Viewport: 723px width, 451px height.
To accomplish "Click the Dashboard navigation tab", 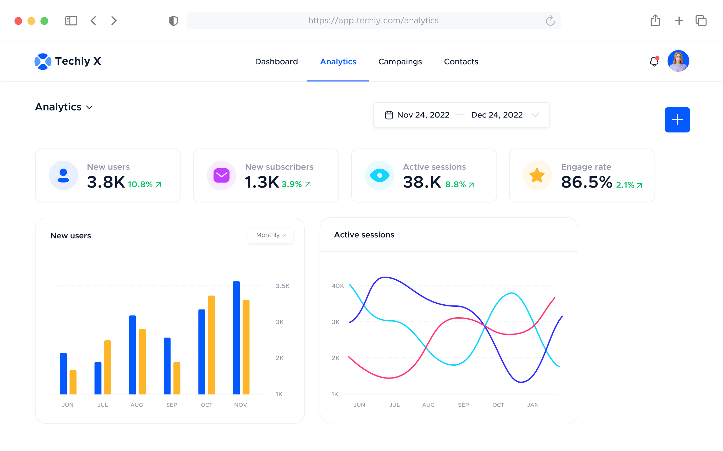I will [276, 62].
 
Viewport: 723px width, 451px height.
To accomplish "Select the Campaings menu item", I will [400, 62].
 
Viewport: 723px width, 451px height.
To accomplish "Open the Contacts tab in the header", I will [461, 62].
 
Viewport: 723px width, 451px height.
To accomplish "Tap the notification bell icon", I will [654, 62].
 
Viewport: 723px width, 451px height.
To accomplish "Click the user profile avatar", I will [678, 61].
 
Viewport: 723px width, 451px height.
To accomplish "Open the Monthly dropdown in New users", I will [271, 235].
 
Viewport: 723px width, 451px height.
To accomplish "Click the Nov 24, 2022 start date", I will [423, 115].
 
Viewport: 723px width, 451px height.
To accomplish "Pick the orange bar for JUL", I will [107, 367].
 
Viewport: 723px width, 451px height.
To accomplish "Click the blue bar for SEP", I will [167, 366].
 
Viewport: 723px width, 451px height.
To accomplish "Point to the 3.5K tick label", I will [282, 286].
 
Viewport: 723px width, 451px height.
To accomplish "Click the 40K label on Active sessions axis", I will [337, 286].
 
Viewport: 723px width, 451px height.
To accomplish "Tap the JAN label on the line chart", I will [532, 405].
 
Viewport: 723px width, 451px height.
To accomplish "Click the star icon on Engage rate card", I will [537, 175].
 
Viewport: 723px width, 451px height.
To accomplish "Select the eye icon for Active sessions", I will [379, 175].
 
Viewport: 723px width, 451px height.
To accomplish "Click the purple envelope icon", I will [222, 175].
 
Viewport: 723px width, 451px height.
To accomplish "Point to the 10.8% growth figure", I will [140, 185].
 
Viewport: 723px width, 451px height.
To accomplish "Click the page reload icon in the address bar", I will [550, 21].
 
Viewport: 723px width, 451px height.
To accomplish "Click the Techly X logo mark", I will [43, 61].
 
